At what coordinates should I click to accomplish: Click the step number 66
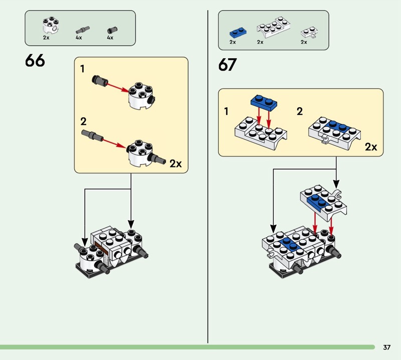point(35,61)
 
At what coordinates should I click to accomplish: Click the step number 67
point(228,65)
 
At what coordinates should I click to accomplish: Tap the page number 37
point(386,347)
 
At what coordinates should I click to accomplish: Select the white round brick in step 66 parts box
point(51,25)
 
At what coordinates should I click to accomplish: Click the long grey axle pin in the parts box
point(83,30)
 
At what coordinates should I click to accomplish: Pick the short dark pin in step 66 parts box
point(112,30)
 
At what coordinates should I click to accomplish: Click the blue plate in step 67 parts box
point(238,33)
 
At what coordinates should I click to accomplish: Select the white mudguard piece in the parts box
point(273,27)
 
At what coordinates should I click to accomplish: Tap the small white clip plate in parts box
point(309,33)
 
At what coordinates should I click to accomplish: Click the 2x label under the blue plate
point(233,42)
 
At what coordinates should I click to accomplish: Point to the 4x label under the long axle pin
point(79,38)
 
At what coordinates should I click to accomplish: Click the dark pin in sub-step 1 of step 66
point(100,80)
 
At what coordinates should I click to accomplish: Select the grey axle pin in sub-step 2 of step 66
point(92,135)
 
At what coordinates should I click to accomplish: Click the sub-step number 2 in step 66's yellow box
point(83,121)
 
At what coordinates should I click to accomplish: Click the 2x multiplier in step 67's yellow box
point(371,147)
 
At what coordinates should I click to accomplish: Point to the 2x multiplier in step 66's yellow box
point(176,163)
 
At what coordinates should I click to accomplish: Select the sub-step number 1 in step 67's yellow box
point(226,111)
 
